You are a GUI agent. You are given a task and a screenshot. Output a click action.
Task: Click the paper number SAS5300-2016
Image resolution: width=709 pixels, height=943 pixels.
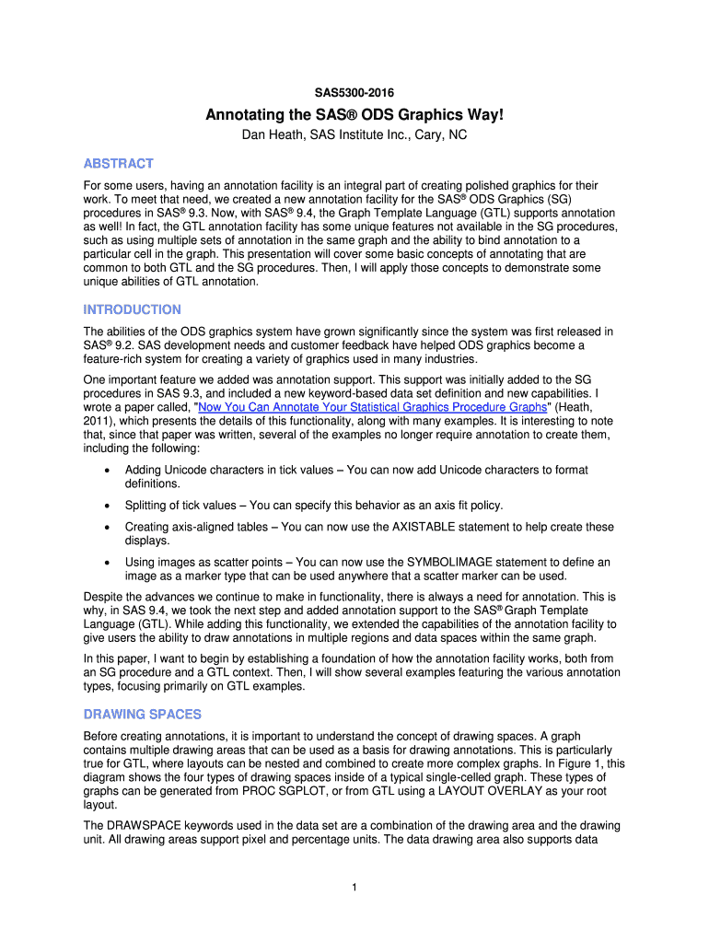pos(354,93)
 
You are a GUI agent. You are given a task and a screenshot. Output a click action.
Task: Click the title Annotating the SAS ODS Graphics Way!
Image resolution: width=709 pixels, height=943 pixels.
pos(354,115)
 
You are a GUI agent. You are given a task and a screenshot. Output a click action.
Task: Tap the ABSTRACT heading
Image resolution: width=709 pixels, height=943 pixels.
pos(118,163)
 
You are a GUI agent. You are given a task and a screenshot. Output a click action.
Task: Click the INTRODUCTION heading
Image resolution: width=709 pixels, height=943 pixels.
pos(132,309)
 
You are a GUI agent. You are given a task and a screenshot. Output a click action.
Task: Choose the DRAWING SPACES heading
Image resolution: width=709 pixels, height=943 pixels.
pos(142,715)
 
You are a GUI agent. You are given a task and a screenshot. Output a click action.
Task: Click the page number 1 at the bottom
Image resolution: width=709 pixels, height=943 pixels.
pos(354,887)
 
